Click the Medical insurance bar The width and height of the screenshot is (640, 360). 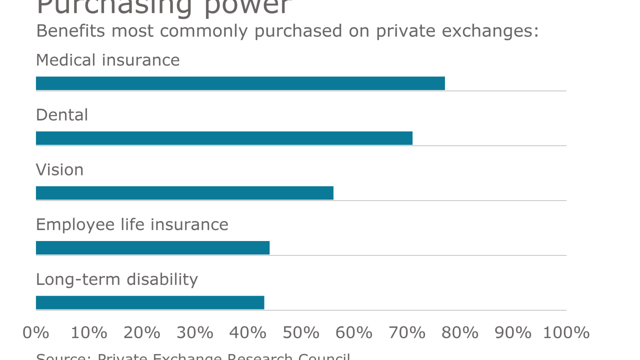click(240, 83)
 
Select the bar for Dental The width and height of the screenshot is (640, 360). click(224, 138)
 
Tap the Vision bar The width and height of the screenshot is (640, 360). click(184, 193)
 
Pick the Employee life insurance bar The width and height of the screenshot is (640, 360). click(152, 247)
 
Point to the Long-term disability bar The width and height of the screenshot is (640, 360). click(150, 302)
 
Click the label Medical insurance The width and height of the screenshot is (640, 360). click(107, 60)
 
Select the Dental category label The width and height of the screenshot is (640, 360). click(62, 115)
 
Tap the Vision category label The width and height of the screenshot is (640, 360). click(59, 170)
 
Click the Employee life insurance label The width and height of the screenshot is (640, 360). click(132, 224)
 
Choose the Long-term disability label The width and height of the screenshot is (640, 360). click(117, 279)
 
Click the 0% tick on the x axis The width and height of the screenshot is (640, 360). click(35, 332)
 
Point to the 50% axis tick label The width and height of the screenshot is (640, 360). click(301, 332)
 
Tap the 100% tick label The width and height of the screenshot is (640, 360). click(566, 332)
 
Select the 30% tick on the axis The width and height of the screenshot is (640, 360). click(195, 332)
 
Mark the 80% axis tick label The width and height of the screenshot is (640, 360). click(460, 332)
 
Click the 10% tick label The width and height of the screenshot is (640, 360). click(89, 332)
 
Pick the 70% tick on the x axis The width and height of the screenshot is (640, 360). click(407, 332)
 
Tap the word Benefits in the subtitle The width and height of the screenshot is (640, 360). click(70, 31)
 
